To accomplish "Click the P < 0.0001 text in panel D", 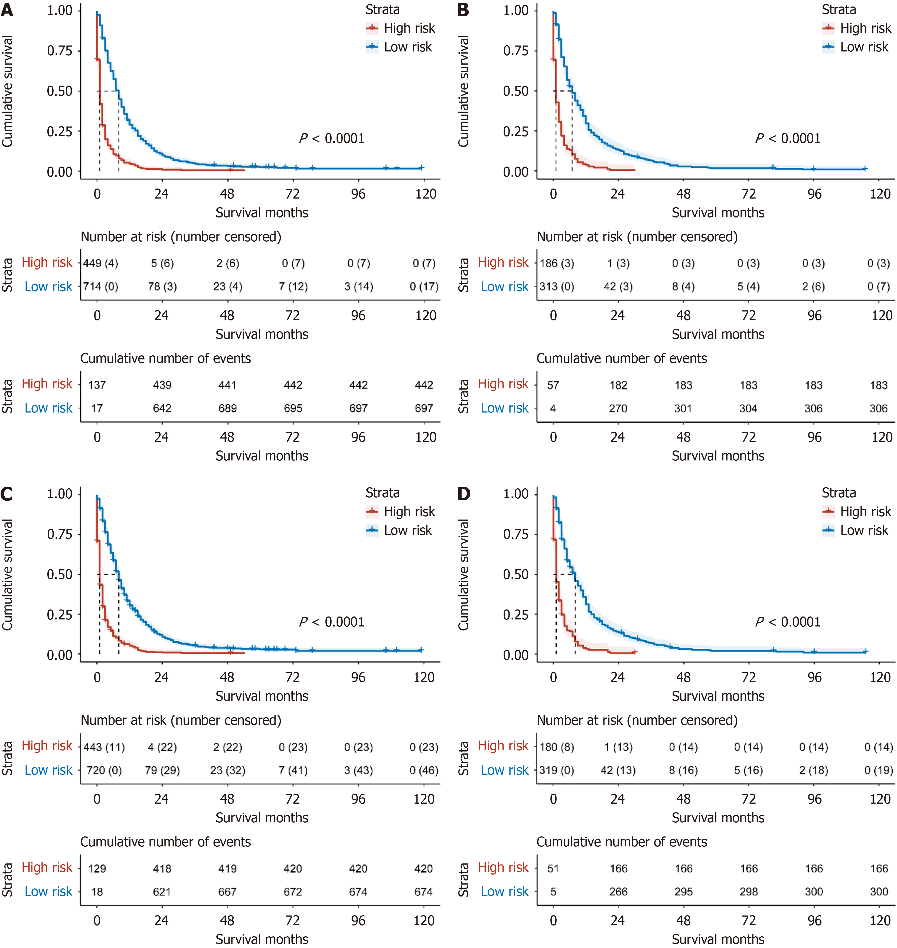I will click(788, 622).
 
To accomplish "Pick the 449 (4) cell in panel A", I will click(100, 263).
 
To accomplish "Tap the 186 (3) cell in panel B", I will click(557, 263).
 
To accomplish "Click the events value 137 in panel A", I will click(97, 385).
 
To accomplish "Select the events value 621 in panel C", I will click(162, 892).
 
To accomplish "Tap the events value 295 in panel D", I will click(684, 892).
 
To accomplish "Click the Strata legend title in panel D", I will click(839, 493).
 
